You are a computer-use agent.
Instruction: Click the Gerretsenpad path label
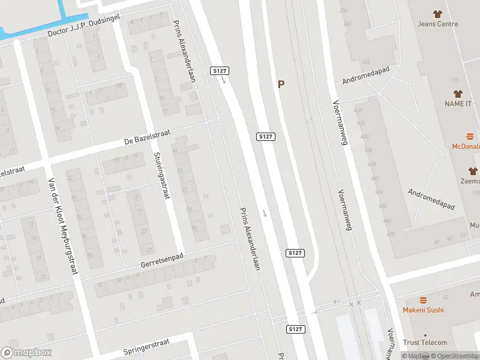[161, 260]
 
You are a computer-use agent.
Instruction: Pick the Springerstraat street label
[147, 347]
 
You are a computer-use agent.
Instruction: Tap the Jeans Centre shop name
[438, 24]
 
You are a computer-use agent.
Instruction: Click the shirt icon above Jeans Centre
[437, 14]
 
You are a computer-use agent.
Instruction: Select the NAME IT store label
[458, 104]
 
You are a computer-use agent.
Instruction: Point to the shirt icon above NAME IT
[458, 94]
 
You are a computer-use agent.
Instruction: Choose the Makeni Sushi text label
[423, 310]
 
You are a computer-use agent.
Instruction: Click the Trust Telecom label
[425, 343]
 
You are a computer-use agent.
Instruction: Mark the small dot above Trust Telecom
[425, 335]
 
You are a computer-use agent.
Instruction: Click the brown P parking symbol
[280, 85]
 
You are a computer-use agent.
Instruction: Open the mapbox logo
[26, 353]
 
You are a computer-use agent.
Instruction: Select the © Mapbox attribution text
[415, 356]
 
